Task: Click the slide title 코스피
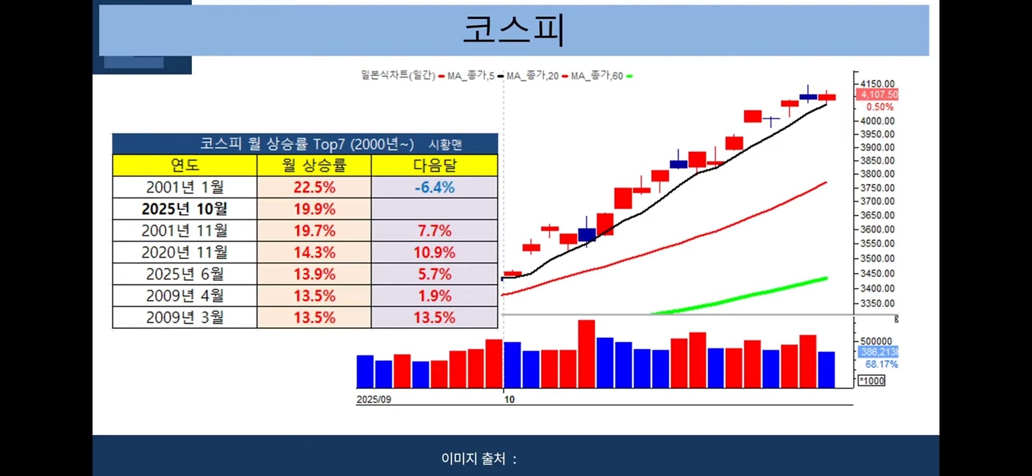click(x=513, y=29)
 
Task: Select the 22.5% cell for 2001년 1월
click(x=314, y=187)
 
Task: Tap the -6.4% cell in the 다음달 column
click(x=434, y=187)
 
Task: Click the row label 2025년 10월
click(x=184, y=209)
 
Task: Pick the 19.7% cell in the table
click(x=314, y=231)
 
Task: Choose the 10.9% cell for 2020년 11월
click(x=434, y=253)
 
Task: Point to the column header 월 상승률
click(x=314, y=165)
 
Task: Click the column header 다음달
click(x=434, y=165)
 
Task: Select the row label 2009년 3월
click(x=184, y=318)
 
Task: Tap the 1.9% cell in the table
click(x=434, y=296)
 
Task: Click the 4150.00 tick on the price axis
click(x=877, y=84)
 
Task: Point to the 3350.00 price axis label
click(x=877, y=304)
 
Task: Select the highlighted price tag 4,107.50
click(x=878, y=95)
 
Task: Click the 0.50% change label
click(x=879, y=107)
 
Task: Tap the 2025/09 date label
click(x=374, y=400)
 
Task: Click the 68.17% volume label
click(x=881, y=364)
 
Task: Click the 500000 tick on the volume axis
click(x=876, y=341)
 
